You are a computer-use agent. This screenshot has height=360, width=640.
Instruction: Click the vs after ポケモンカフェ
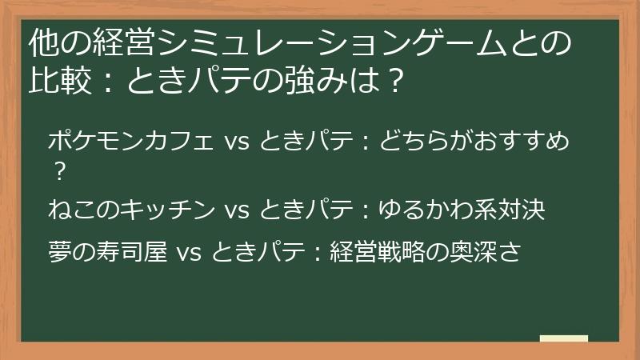(x=238, y=143)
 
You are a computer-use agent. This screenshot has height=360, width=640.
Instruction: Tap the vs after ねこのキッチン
(x=238, y=210)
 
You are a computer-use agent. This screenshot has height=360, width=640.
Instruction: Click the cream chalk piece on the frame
(x=563, y=339)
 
